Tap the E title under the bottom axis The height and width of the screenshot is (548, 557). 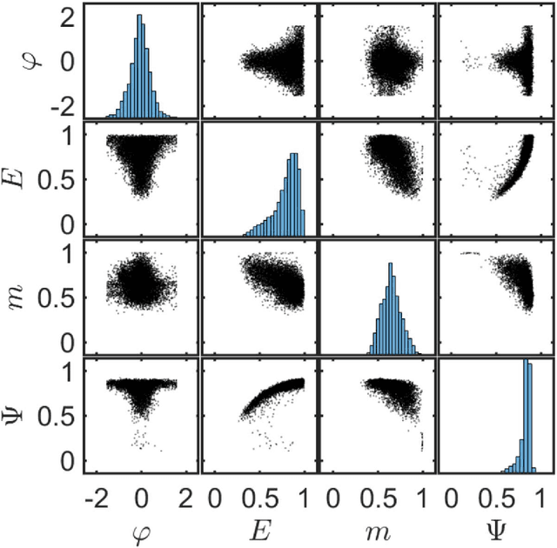[259, 527]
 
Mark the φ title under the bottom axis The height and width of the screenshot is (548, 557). [141, 528]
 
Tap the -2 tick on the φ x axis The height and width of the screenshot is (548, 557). [97, 497]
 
